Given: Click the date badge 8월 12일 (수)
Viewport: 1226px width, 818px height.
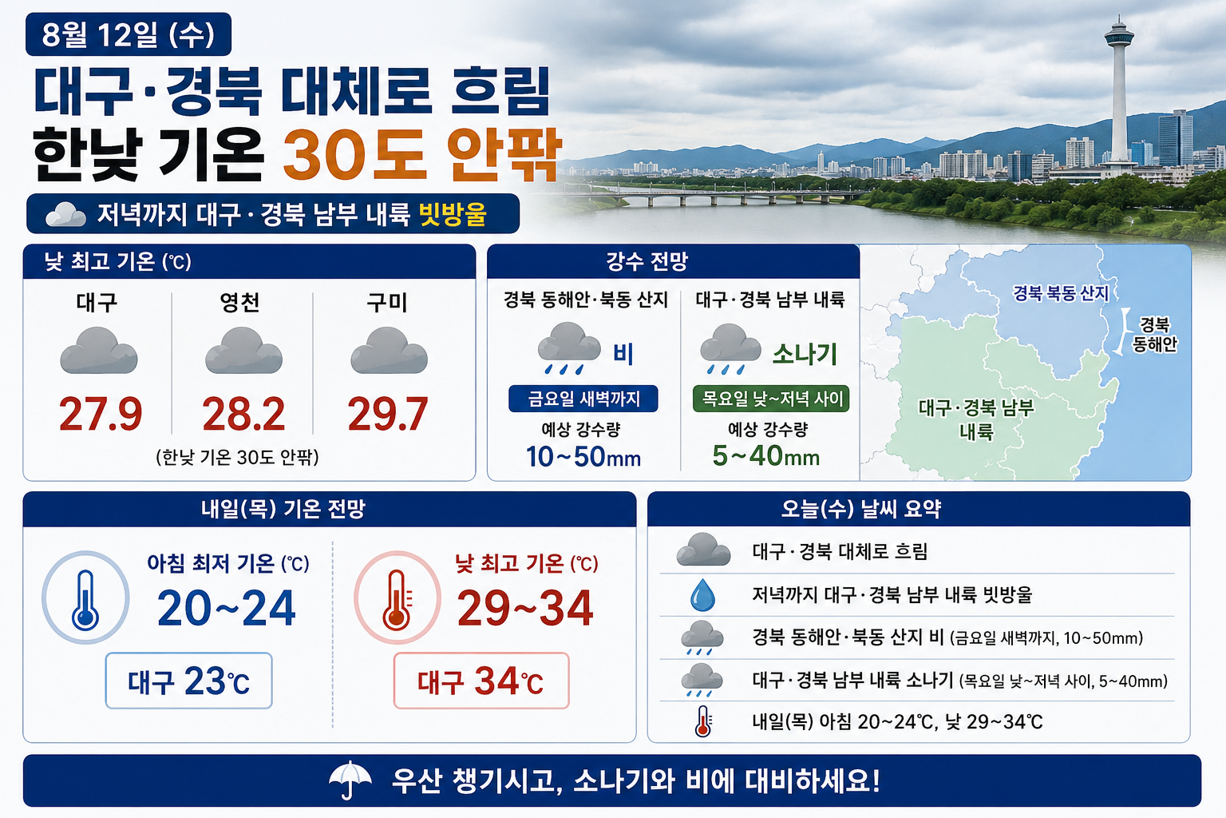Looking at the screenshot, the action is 129,34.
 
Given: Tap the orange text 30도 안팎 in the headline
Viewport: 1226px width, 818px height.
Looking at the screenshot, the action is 422,154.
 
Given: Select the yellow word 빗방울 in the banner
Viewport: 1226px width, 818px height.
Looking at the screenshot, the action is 453,214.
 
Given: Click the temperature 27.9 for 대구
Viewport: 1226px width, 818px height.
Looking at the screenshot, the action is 101,414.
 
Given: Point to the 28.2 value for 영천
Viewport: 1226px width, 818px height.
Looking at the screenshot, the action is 243,414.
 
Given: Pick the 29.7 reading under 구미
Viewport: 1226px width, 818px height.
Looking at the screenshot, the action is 387,414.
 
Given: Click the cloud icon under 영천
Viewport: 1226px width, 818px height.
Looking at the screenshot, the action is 243,351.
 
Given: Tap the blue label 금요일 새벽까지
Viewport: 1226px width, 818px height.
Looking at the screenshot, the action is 583,399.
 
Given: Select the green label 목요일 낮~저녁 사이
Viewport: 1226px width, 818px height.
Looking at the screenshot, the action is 771,399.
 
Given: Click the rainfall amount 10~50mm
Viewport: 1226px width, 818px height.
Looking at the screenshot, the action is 583,456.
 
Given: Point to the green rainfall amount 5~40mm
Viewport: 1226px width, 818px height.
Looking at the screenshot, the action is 766,455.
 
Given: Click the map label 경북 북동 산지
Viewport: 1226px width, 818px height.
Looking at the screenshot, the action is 1061,293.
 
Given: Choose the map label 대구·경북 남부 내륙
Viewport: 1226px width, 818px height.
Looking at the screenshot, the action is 976,419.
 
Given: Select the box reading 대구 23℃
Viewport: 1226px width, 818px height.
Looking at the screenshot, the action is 189,681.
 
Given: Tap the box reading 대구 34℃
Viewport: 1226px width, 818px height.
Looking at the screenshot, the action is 481,681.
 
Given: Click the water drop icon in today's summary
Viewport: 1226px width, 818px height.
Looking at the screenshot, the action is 702,596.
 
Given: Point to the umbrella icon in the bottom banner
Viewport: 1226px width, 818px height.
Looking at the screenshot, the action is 350,780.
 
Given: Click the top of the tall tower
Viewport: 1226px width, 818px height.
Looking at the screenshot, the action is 1119,17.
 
